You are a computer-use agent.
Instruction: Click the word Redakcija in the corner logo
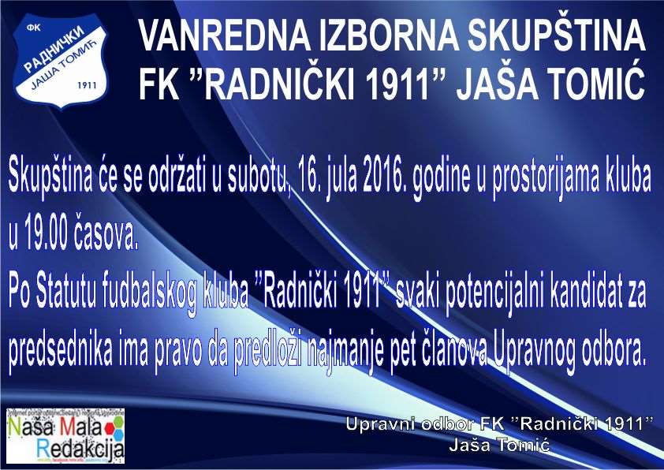[80, 451]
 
